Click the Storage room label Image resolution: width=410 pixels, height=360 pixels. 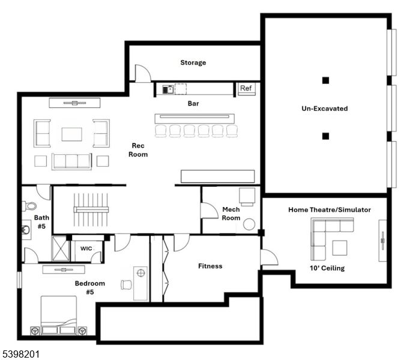[x=193, y=62]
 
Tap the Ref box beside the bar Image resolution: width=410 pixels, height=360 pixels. [x=246, y=89]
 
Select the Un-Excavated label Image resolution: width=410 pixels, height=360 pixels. [x=324, y=109]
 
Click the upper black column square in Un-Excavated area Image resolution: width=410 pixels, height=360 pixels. [x=325, y=80]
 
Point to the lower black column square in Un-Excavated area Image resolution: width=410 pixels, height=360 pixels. [x=325, y=136]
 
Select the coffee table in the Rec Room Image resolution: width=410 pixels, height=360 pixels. [x=71, y=133]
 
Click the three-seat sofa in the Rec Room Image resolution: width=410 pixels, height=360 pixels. [x=71, y=161]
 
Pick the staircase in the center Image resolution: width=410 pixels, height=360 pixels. [x=91, y=209]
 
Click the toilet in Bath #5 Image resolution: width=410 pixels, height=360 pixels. [x=30, y=206]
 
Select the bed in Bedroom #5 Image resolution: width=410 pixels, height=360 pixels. [x=58, y=314]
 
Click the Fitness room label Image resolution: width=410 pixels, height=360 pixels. [x=210, y=266]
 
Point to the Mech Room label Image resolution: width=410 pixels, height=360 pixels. [x=231, y=214]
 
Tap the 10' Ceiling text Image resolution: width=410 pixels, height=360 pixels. [x=327, y=268]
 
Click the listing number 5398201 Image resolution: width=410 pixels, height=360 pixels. [x=20, y=354]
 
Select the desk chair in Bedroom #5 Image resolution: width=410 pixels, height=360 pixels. [x=126, y=284]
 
